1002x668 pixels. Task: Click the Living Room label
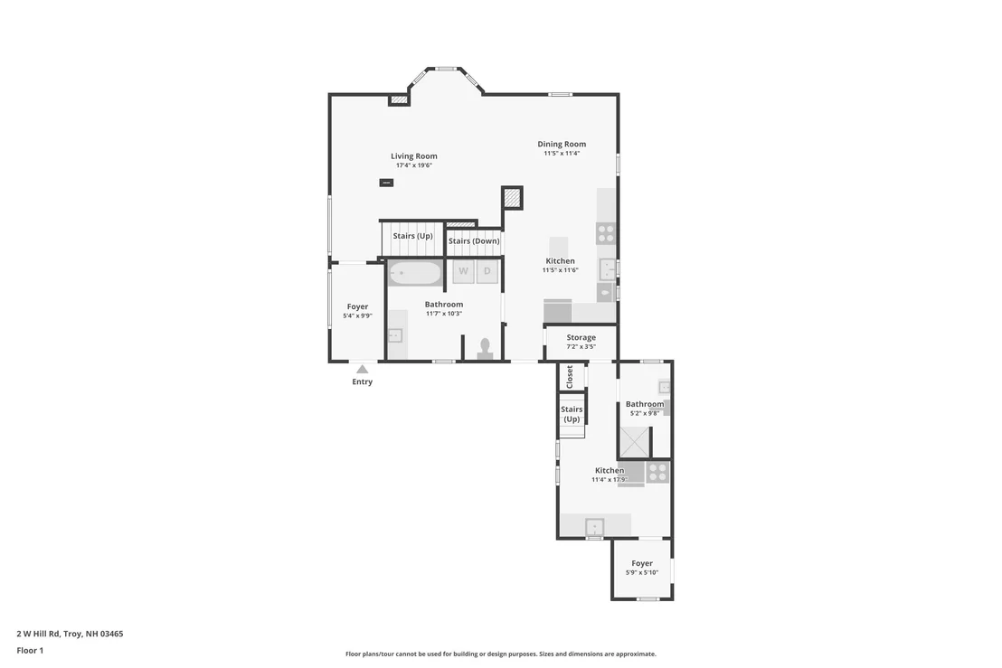tap(414, 155)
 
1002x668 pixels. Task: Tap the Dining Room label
tap(562, 145)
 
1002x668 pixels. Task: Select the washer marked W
tap(463, 271)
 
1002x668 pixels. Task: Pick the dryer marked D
tap(487, 271)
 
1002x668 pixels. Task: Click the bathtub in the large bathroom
tap(415, 273)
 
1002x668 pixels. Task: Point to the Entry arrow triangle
tap(363, 369)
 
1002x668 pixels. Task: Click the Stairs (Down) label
tap(474, 240)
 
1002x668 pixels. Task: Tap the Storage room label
tap(581, 337)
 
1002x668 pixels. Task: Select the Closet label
tap(570, 377)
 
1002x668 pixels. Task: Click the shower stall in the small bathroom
tap(634, 442)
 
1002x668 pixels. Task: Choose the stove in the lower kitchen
tap(657, 473)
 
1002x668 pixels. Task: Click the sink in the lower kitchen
tap(595, 527)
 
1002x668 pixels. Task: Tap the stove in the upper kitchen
tap(606, 233)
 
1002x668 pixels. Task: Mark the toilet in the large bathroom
tap(485, 349)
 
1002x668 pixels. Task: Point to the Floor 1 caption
tap(30, 651)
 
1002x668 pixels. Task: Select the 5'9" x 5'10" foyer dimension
tap(641, 573)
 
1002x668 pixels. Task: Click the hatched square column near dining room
tap(512, 198)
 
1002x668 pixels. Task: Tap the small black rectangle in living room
tap(387, 183)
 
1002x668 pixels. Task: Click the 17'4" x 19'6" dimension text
tap(414, 165)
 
